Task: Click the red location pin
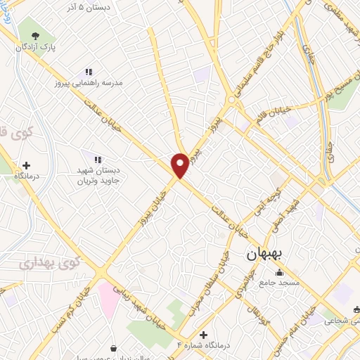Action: (180, 165)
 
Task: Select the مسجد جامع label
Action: (280, 283)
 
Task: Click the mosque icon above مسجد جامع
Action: (280, 273)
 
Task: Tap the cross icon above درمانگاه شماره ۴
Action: (204, 335)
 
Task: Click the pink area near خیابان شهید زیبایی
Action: (109, 296)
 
